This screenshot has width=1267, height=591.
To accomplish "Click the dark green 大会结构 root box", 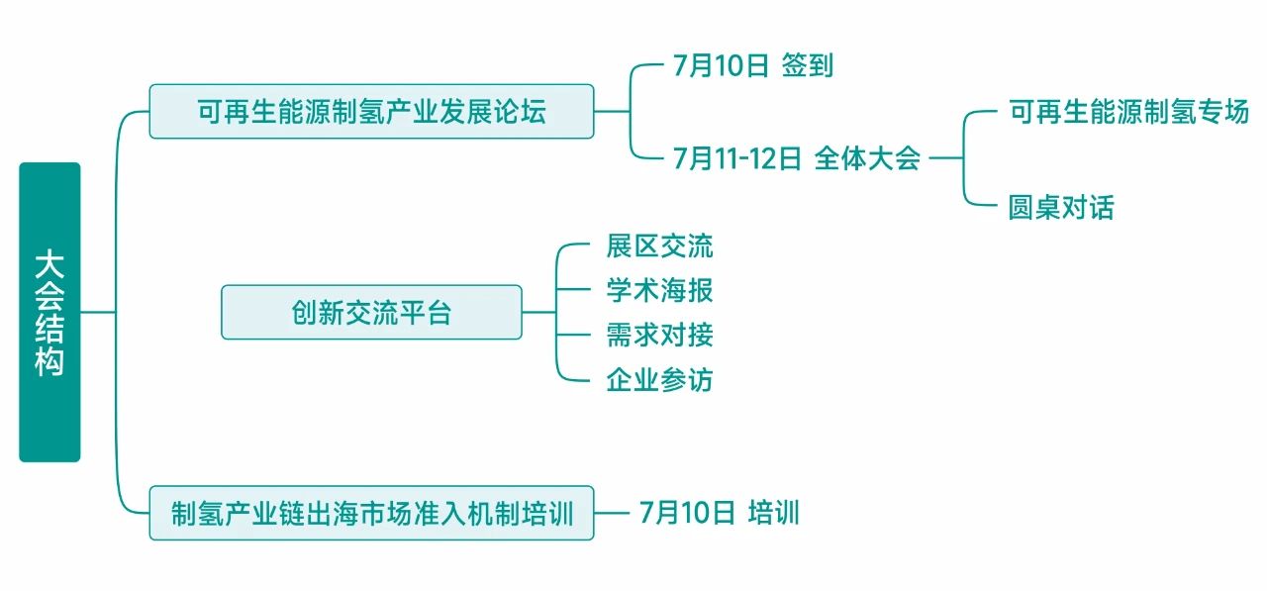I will click(x=49, y=312).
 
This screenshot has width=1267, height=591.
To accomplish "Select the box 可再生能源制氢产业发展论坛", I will click(x=371, y=111).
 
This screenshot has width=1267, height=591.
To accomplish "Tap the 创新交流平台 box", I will click(x=371, y=313).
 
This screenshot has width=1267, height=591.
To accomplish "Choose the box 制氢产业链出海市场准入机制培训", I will click(x=371, y=513).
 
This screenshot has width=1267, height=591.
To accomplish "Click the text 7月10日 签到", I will click(x=752, y=66).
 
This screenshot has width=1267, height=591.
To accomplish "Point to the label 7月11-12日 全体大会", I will click(x=797, y=158).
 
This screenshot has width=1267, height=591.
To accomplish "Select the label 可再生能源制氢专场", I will click(x=1128, y=112).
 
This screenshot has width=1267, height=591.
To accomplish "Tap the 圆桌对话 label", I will click(x=1061, y=207).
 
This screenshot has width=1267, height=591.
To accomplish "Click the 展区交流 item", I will click(x=659, y=246).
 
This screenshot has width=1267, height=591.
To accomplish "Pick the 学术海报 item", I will click(x=659, y=290).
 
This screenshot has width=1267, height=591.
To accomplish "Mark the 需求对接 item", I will click(x=659, y=335).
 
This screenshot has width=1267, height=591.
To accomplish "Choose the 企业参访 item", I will click(x=659, y=379).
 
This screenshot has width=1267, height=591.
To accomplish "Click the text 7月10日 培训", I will click(x=719, y=513).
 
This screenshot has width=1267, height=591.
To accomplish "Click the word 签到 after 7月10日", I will click(x=808, y=66).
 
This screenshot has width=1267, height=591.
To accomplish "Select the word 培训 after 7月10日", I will click(x=773, y=513).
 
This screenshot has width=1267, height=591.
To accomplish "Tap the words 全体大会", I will click(x=868, y=158).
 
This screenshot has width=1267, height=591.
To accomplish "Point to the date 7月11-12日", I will click(x=736, y=158).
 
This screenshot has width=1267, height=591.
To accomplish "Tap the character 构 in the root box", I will click(x=49, y=362).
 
